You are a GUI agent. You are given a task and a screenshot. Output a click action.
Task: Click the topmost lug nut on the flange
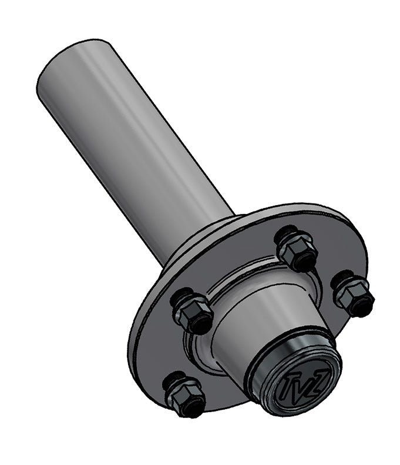(x=297, y=250)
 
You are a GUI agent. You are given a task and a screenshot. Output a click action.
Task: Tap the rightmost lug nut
(x=352, y=293)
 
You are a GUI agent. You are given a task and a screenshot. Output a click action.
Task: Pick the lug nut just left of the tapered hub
(x=194, y=312)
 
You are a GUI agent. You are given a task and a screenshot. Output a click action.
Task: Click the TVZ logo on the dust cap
(x=302, y=386)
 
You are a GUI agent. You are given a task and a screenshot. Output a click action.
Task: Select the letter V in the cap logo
(x=302, y=386)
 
